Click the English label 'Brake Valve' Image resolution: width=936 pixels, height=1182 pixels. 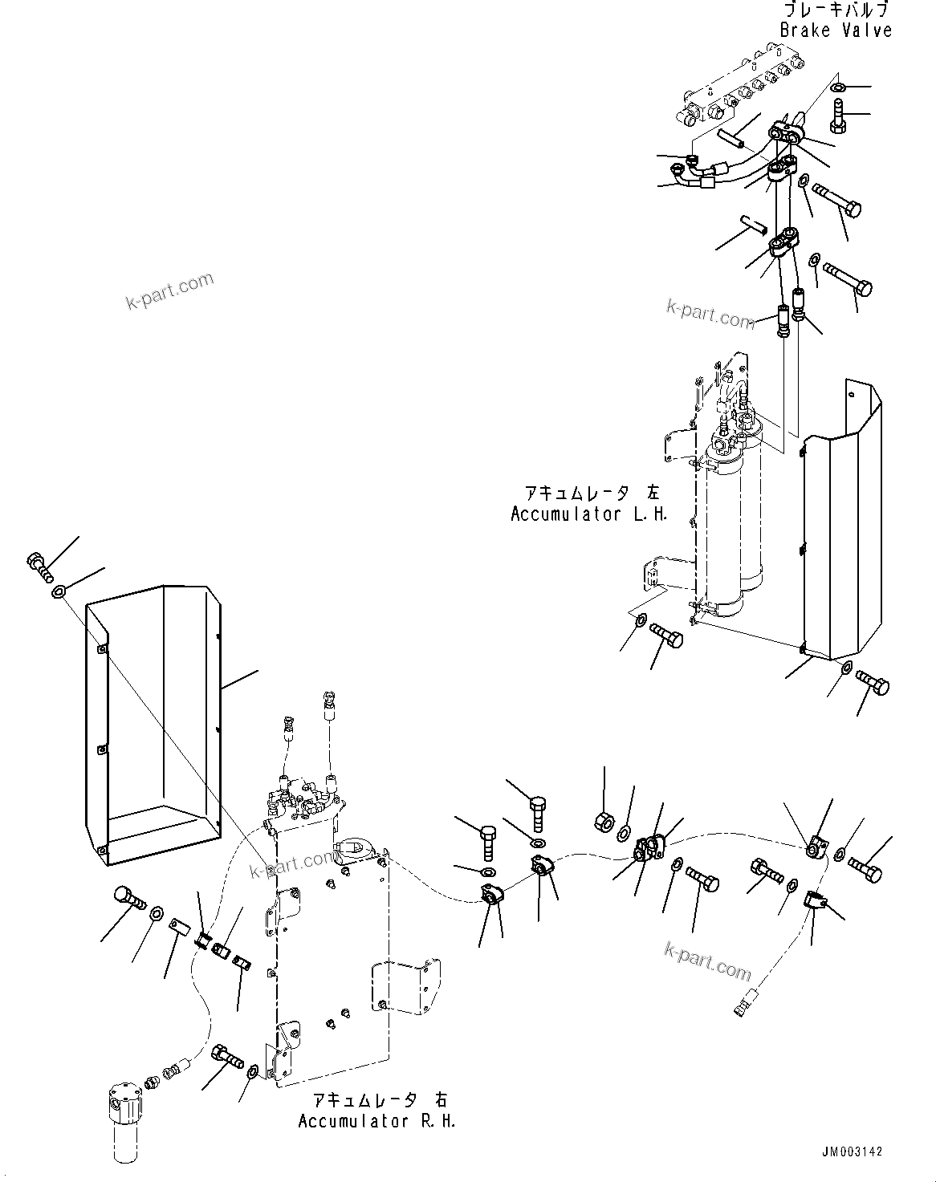pos(835,30)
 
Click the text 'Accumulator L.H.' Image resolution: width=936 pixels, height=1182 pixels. pos(589,514)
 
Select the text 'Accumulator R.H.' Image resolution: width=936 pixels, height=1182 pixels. pos(376,1121)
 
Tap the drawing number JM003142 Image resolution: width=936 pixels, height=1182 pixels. pos(851,1152)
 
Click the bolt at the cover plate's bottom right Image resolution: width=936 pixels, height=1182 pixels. pos(873,683)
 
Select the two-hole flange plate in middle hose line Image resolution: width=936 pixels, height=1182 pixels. pos(649,848)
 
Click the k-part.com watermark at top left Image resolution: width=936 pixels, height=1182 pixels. pos(170,291)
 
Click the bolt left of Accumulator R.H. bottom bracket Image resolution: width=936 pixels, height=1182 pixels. pos(226,1058)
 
